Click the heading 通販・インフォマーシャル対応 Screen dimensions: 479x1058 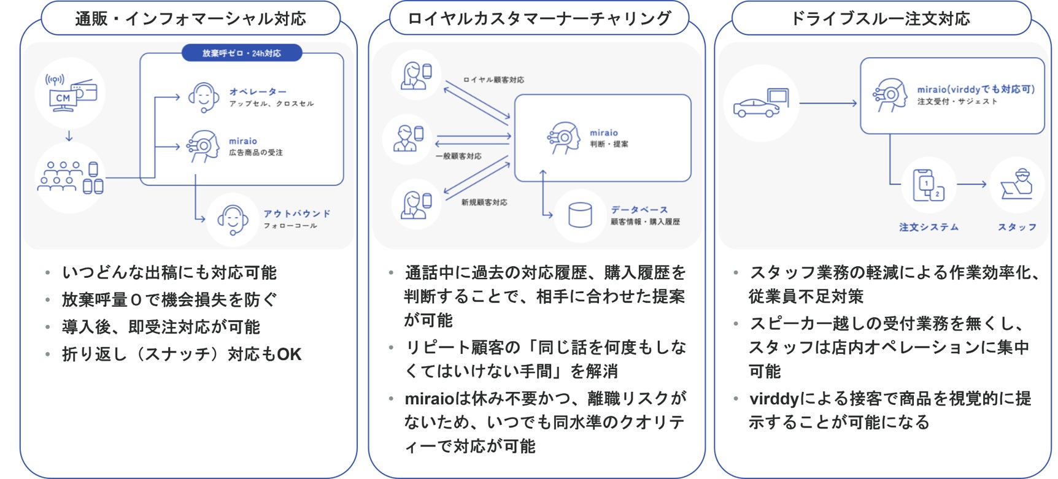pyautogui.click(x=190, y=19)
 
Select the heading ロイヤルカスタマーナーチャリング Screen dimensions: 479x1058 pyautogui.click(x=539, y=19)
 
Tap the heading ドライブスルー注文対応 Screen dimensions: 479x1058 pyautogui.click(x=881, y=19)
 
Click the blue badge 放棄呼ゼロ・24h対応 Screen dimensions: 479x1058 pyautogui.click(x=242, y=53)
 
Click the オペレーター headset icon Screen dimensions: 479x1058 pyautogui.click(x=204, y=98)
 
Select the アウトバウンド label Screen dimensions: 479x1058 pyautogui.click(x=297, y=213)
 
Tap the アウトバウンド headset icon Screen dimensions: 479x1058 pyautogui.click(x=233, y=220)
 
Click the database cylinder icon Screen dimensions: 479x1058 pyautogui.click(x=580, y=215)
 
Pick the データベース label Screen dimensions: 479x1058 pyautogui.click(x=639, y=210)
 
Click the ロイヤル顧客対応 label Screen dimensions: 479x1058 pyautogui.click(x=493, y=80)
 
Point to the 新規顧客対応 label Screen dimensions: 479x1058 pyautogui.click(x=484, y=202)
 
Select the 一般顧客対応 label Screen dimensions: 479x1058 pyautogui.click(x=458, y=156)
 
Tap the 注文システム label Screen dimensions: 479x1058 pyautogui.click(x=929, y=228)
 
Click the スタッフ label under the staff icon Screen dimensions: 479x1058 pyautogui.click(x=1017, y=228)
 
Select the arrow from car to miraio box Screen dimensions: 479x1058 pyautogui.click(x=827, y=103)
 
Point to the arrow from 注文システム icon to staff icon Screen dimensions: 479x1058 pyautogui.click(x=971, y=184)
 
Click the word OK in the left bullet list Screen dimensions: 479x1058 pyautogui.click(x=289, y=354)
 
